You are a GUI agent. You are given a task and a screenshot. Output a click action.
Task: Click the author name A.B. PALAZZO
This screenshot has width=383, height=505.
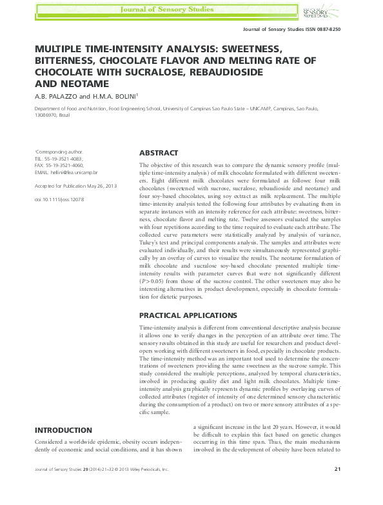tap(56, 97)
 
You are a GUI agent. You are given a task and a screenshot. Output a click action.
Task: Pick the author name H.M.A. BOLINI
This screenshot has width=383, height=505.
tap(119, 97)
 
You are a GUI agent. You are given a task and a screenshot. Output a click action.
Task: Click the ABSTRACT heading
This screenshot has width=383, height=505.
tap(159, 153)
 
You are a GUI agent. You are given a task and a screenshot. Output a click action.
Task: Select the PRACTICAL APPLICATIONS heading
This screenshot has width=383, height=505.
tap(188, 315)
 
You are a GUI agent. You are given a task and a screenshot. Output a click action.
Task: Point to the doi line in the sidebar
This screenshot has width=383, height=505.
tap(59, 199)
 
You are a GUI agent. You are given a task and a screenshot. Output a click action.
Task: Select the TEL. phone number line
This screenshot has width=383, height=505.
tap(59, 158)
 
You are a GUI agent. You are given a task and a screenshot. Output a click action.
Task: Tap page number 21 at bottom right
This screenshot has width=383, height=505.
tap(338, 487)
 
